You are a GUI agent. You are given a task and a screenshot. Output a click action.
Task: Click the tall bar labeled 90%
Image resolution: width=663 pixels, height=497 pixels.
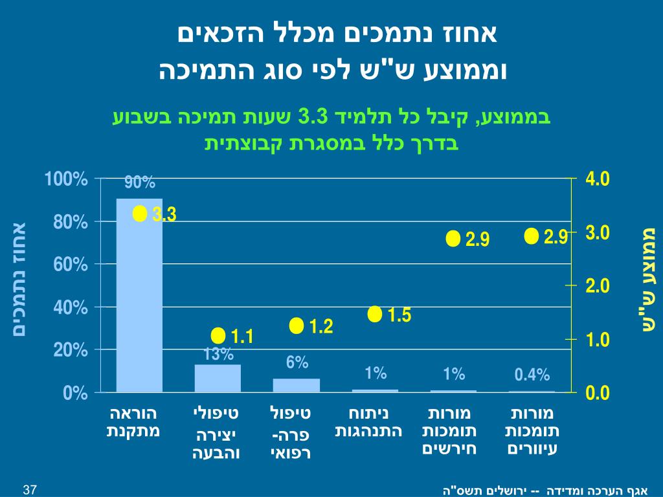point(139,295)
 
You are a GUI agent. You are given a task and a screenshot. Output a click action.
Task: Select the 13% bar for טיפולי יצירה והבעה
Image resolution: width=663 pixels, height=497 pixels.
point(218,379)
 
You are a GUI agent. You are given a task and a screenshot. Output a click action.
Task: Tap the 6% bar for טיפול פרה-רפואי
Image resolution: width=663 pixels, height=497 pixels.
point(297,385)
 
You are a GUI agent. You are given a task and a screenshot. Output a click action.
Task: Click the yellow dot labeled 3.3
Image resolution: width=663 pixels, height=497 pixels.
point(139,214)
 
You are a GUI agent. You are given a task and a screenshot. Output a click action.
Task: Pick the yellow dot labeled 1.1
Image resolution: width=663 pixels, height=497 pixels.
point(218,336)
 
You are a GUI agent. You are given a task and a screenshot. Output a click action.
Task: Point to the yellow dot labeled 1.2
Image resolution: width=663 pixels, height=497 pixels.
point(297,326)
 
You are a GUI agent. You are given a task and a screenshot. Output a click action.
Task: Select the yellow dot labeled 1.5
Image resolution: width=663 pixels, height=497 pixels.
point(375,315)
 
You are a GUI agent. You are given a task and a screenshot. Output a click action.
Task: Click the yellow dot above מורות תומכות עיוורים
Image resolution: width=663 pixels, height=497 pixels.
point(532,236)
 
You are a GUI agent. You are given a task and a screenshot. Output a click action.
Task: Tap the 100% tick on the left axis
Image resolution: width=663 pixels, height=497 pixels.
point(66,179)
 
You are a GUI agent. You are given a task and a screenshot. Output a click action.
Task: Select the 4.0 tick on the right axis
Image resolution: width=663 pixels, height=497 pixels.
point(598,179)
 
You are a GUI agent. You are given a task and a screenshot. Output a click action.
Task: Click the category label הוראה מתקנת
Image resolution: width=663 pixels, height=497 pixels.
point(133,421)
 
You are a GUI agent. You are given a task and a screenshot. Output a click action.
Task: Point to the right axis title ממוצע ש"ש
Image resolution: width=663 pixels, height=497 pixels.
point(648,280)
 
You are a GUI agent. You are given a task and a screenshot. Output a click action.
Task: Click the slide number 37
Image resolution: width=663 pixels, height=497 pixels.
point(29,489)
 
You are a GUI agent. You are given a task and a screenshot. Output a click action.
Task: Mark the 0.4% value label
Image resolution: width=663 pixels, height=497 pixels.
point(532,375)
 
